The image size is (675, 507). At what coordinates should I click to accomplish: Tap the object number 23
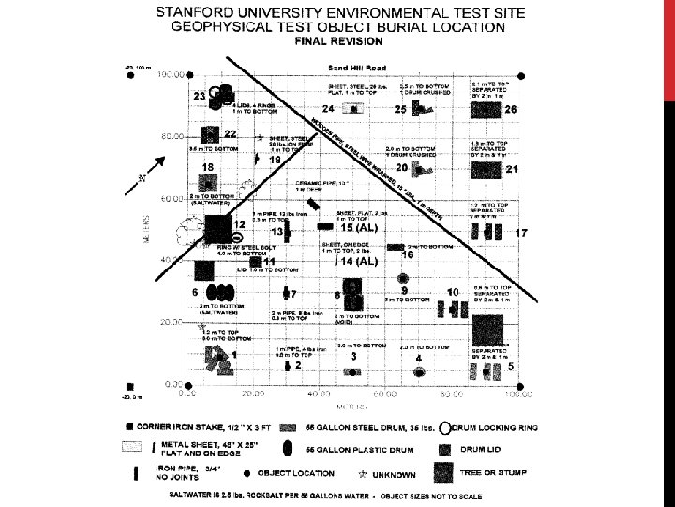pyautogui.click(x=200, y=96)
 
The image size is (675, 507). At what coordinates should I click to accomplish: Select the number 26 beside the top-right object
pyautogui.click(x=510, y=110)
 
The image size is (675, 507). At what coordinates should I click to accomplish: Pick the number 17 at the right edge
pyautogui.click(x=522, y=232)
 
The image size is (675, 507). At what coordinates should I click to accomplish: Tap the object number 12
pyautogui.click(x=239, y=225)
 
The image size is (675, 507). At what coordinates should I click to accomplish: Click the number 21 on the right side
pyautogui.click(x=512, y=170)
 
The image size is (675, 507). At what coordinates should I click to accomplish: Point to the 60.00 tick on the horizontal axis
pyautogui.click(x=385, y=395)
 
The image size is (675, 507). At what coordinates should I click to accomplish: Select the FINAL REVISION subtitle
pyautogui.click(x=338, y=42)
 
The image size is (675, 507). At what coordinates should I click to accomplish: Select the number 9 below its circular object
pyautogui.click(x=404, y=292)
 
